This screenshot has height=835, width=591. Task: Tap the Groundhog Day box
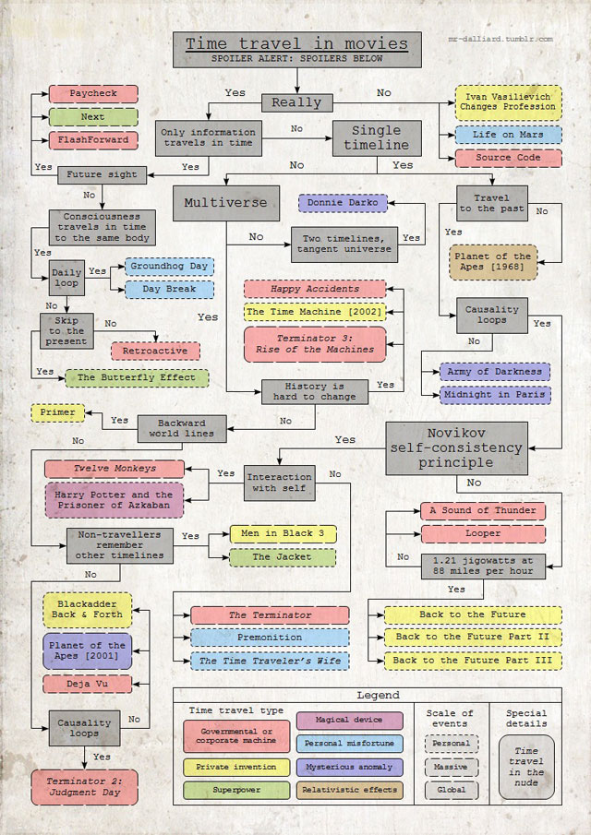pyautogui.click(x=169, y=266)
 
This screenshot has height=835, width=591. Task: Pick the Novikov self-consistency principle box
pyautogui.click(x=456, y=447)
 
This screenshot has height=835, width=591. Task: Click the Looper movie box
pyautogui.click(x=483, y=533)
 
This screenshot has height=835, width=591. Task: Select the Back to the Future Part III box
pyautogui.click(x=472, y=661)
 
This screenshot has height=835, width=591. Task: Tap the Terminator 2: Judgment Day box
pyautogui.click(x=84, y=787)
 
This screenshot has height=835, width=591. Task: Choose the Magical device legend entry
pyautogui.click(x=350, y=720)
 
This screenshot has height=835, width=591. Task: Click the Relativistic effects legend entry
pyautogui.click(x=350, y=790)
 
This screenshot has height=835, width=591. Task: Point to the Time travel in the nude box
pyautogui.click(x=526, y=766)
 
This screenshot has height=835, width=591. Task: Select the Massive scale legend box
pyautogui.click(x=451, y=767)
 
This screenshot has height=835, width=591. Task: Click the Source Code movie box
pyautogui.click(x=508, y=158)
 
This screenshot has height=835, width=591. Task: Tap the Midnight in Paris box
pyautogui.click(x=495, y=394)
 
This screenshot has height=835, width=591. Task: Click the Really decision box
pyautogui.click(x=295, y=102)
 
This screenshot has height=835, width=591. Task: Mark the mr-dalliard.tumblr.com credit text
pyautogui.click(x=500, y=40)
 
